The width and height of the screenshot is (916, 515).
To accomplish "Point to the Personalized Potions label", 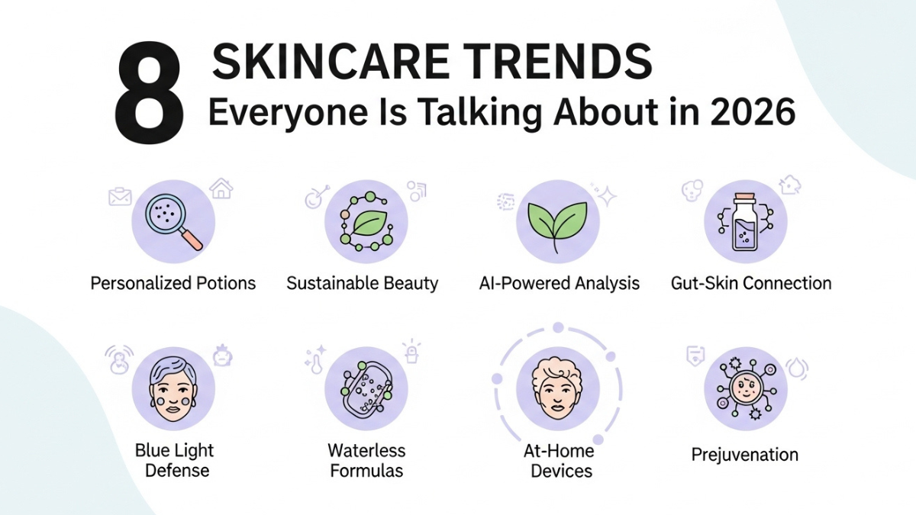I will [173, 284].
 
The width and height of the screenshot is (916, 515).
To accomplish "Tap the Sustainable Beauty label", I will [363, 284].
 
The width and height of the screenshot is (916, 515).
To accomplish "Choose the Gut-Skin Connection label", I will [751, 284].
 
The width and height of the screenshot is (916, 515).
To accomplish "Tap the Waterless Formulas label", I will [366, 460].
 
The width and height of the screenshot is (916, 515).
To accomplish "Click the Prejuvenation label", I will [744, 455].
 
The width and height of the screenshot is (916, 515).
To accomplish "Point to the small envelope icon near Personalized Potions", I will [120, 197].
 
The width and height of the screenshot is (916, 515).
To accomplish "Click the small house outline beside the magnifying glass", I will [221, 188].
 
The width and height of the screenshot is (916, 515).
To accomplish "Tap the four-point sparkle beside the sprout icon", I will [607, 197].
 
